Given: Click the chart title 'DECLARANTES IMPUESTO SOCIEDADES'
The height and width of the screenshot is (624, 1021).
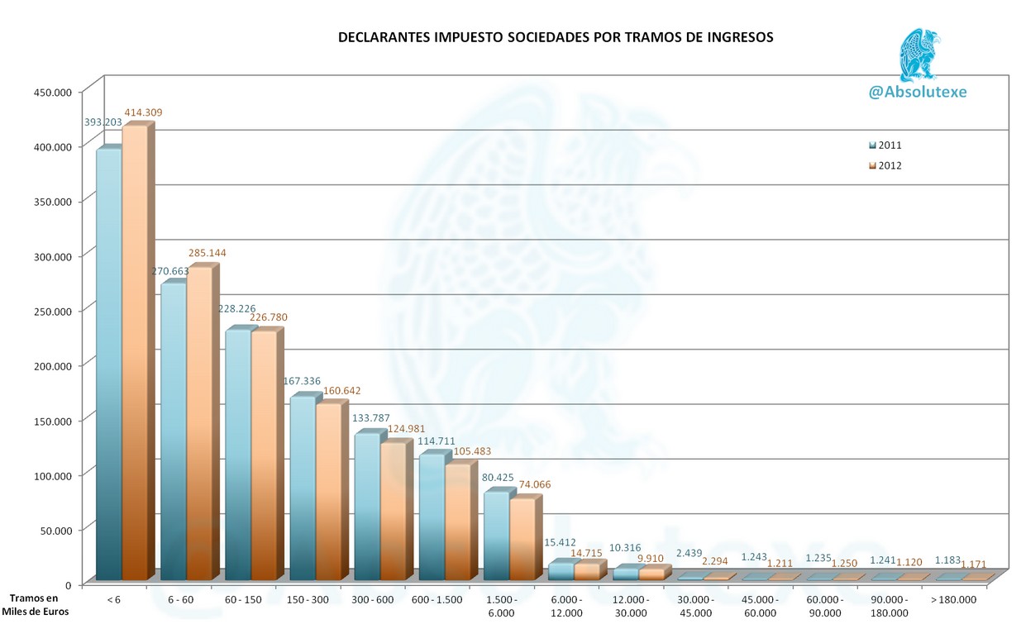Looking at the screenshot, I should point(556,38).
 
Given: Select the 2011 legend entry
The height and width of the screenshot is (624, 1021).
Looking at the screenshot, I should point(884,145).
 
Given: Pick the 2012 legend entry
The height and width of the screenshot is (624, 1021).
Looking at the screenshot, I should point(884,166).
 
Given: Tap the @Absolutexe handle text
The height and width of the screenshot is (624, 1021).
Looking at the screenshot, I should point(917,93).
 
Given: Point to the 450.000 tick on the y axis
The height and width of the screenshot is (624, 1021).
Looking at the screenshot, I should point(53,92).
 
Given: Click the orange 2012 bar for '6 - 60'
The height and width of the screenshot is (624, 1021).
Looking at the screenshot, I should point(199,422).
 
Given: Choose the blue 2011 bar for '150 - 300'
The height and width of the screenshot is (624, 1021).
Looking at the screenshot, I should point(303,488).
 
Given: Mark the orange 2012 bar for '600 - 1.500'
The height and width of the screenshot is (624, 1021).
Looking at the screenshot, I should point(457,521).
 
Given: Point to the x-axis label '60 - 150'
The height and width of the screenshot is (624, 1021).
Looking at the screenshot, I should point(244,599).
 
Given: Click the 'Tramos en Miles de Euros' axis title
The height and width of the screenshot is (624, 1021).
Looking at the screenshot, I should point(35,605).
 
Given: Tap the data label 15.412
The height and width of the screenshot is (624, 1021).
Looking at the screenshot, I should point(560,543).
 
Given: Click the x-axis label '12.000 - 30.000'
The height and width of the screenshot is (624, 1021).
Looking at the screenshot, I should point(632,606).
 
